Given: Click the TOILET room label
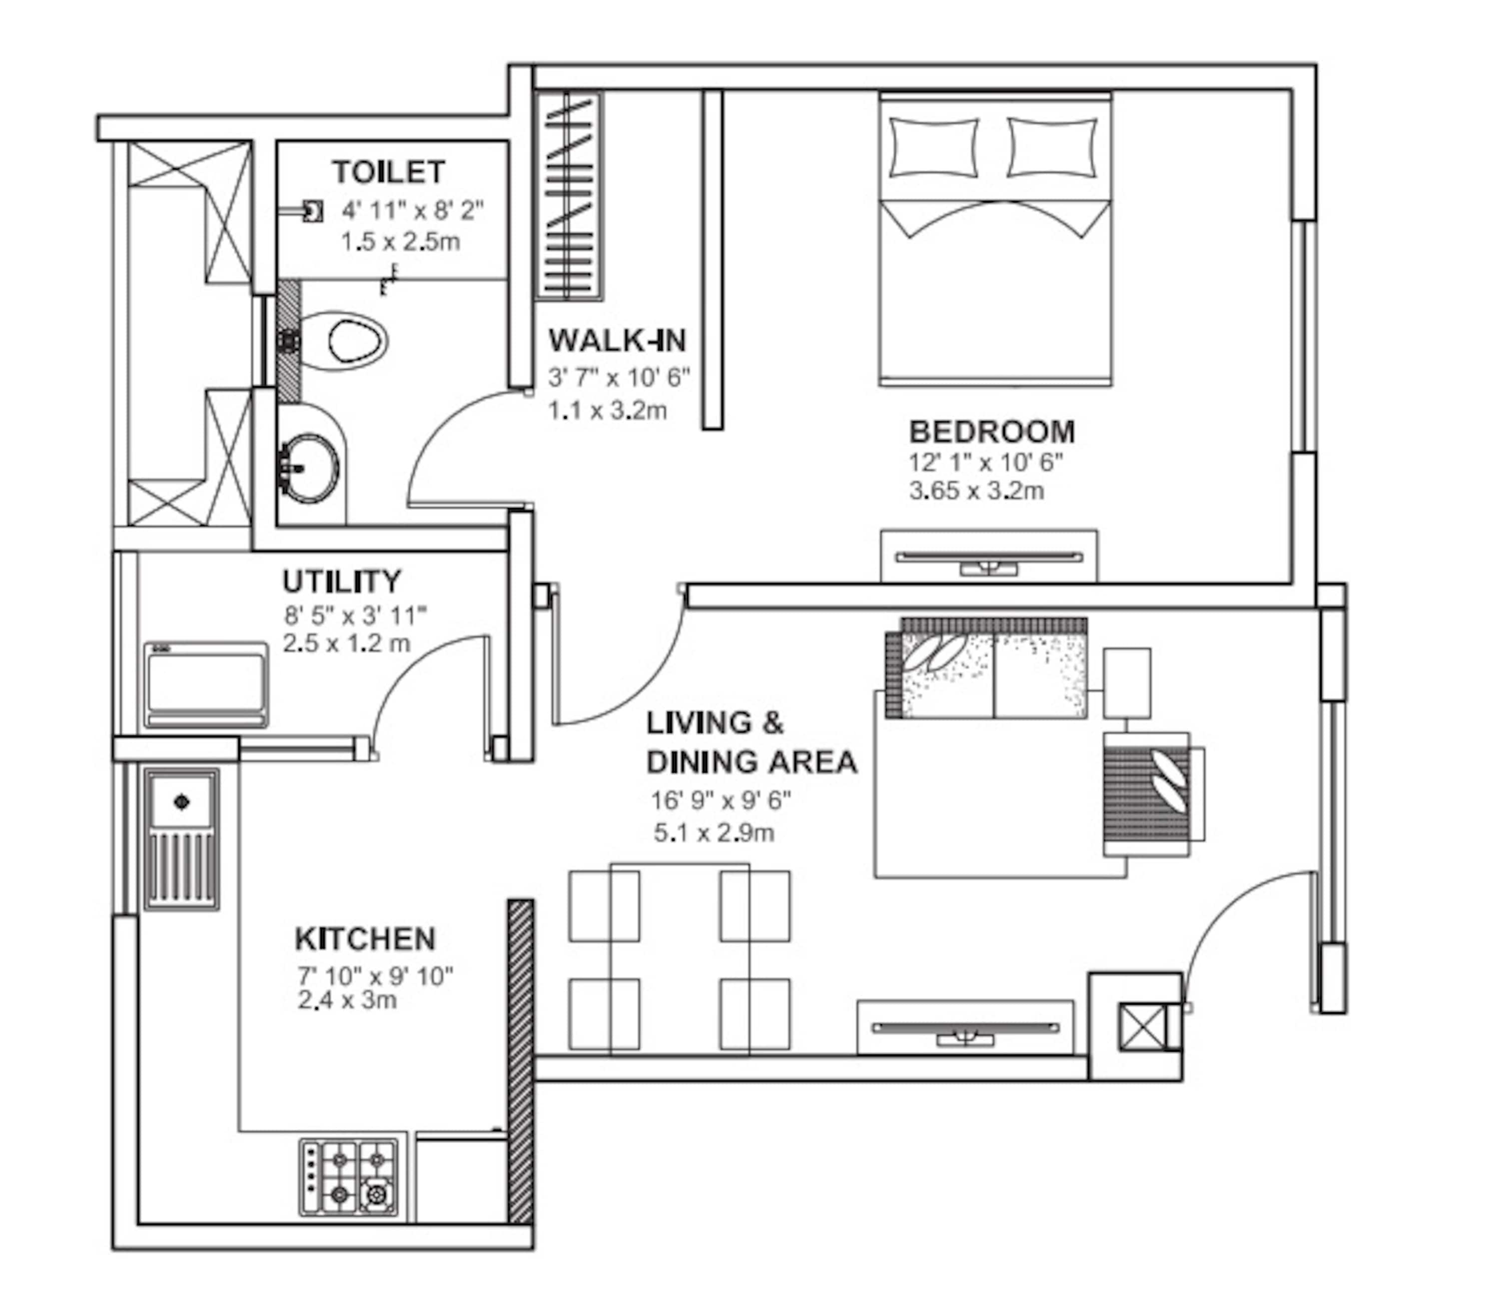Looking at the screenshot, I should pyautogui.click(x=389, y=172).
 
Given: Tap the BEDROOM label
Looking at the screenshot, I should pyautogui.click(x=991, y=432).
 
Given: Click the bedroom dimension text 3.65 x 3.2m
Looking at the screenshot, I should pyautogui.click(x=976, y=491).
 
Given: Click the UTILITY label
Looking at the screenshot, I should pyautogui.click(x=341, y=582).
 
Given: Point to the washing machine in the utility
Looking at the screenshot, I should pyautogui.click(x=206, y=685).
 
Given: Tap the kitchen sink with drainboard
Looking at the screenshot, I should pyautogui.click(x=181, y=838).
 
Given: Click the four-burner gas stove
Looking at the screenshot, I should pyautogui.click(x=349, y=1177).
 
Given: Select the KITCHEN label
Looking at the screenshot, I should pyautogui.click(x=365, y=939).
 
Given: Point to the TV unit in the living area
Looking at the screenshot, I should pyautogui.click(x=964, y=1028).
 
